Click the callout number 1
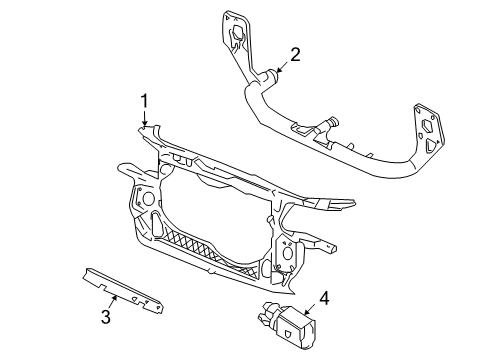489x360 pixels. coord(144,101)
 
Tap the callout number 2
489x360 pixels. coord(295,55)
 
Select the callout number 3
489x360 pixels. coord(106,317)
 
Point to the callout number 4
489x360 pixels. coord(324,298)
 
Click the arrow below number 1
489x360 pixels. coord(144,118)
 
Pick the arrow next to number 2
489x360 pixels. coord(283,67)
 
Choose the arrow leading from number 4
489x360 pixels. coord(310,309)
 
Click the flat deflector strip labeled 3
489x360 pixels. coord(123,290)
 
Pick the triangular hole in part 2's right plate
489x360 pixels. coord(431,145)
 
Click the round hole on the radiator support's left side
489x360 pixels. coord(148,199)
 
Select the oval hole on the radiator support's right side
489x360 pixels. coord(287,252)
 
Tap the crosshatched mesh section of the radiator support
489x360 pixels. coord(206,249)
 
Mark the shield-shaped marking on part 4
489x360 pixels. coord(288,333)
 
